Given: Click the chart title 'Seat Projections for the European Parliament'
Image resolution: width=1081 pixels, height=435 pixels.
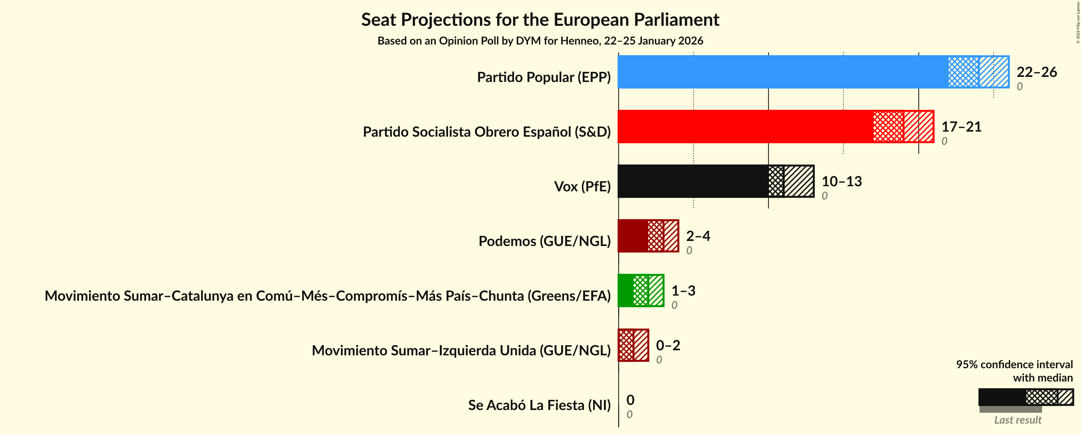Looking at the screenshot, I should click(540, 20).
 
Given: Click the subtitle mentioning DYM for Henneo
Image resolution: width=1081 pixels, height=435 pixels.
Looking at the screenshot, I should click(540, 41).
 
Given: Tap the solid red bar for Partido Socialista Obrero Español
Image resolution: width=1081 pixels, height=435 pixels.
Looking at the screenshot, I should click(745, 127).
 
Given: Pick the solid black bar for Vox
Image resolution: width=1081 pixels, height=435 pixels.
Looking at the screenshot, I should click(693, 181).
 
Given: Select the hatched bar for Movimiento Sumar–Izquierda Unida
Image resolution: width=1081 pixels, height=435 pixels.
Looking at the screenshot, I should click(634, 345).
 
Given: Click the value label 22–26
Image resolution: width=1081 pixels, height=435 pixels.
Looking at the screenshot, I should click(1037, 72).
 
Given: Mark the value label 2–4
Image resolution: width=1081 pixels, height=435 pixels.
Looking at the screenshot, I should click(698, 235).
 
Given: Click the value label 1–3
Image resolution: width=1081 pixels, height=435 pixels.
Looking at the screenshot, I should click(683, 291).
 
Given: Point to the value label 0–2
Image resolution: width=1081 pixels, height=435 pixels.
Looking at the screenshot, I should click(668, 345).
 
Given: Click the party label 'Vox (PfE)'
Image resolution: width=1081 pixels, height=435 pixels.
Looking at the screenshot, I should click(582, 186).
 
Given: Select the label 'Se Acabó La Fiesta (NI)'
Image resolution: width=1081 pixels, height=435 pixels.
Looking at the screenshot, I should click(539, 405).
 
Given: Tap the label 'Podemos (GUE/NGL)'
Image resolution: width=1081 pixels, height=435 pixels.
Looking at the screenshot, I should click(544, 241).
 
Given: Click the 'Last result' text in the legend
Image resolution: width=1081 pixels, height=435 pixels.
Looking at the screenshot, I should click(1018, 420).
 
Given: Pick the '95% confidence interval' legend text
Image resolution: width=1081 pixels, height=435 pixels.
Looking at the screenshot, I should click(1014, 364).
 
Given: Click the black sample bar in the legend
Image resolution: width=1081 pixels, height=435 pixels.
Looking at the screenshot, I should click(1002, 397).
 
